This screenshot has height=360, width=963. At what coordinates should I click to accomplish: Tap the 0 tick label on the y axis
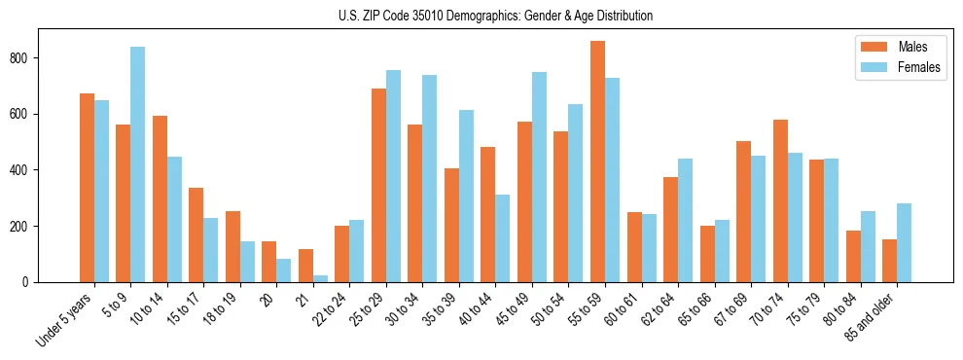(28, 282)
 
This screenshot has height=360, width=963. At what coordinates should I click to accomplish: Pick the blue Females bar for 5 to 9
(137, 164)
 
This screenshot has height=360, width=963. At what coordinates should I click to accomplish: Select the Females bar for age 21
(320, 278)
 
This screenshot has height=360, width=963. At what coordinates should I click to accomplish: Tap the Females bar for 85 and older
(904, 243)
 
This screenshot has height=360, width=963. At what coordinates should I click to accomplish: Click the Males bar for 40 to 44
(488, 215)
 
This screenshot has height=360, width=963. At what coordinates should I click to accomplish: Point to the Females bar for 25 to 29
(393, 176)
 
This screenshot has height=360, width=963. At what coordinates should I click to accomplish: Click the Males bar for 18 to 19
(232, 247)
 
